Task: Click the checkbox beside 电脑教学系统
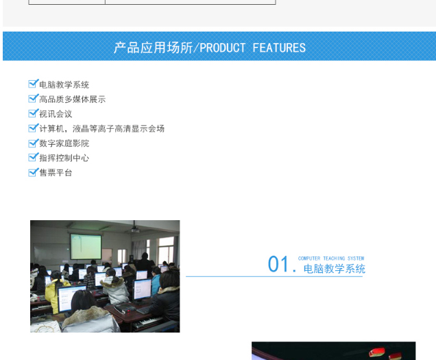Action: click(33, 84)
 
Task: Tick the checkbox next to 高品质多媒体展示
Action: click(33, 98)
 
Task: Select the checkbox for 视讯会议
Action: click(33, 113)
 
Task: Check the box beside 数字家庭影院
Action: click(33, 143)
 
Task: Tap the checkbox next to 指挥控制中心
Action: click(33, 157)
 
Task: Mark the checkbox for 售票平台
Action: click(33, 172)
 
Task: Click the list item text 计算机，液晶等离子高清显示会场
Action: click(101, 128)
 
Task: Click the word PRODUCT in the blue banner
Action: click(222, 48)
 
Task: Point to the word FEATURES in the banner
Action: click(279, 48)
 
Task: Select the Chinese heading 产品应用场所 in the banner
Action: click(153, 48)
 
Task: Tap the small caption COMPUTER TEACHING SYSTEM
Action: click(331, 259)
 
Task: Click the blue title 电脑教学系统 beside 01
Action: click(335, 269)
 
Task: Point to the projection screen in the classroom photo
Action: click(86, 247)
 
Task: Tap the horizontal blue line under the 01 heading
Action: click(274, 276)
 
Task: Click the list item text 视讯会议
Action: click(56, 114)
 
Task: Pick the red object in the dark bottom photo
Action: click(377, 352)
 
